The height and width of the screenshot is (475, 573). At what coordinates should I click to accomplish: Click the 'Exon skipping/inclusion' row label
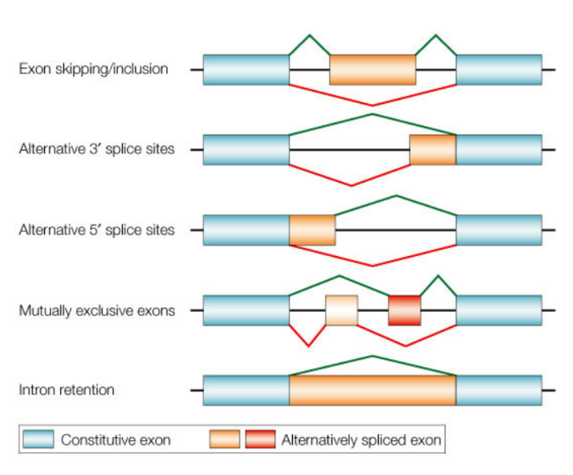click(x=94, y=69)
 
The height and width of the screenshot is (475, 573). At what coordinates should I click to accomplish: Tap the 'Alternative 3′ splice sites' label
click(x=97, y=149)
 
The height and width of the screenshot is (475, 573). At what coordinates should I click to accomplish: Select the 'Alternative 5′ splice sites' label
click(x=97, y=230)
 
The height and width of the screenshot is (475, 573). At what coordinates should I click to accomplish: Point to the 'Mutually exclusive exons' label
click(x=97, y=310)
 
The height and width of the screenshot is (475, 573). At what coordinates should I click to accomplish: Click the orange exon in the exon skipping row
click(x=372, y=69)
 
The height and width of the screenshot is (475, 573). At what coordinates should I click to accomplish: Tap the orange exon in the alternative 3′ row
click(x=432, y=150)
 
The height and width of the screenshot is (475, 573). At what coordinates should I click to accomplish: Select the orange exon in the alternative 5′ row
click(x=312, y=230)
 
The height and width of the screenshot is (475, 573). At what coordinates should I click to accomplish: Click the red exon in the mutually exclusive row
click(x=405, y=310)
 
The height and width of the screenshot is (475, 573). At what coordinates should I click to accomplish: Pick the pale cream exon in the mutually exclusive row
click(x=342, y=310)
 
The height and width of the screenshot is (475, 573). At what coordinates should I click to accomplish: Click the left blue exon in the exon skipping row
click(x=246, y=69)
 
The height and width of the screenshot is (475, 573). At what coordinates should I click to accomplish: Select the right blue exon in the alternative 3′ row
click(x=499, y=150)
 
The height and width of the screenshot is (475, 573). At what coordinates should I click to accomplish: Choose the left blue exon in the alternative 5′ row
click(x=246, y=230)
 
